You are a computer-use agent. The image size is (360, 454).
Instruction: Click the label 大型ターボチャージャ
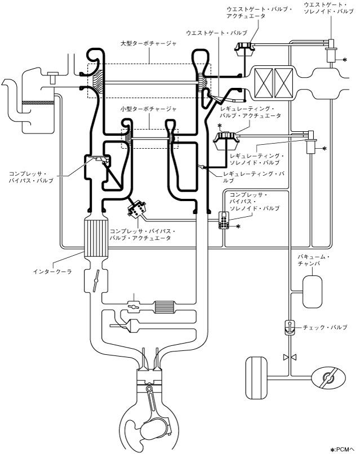pyautogui.click(x=148, y=44)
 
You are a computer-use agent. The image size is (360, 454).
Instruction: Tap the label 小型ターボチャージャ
pyautogui.click(x=148, y=109)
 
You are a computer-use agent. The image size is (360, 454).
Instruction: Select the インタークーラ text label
pyautogui.click(x=52, y=271)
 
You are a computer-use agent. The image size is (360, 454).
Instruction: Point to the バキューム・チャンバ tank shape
pyautogui.click(x=312, y=292)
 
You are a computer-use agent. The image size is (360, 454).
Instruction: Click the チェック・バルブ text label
pyautogui.click(x=325, y=327)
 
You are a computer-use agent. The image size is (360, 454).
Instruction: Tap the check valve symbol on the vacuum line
pyautogui.click(x=289, y=327)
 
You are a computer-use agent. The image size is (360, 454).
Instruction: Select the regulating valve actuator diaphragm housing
pyautogui.click(x=225, y=141)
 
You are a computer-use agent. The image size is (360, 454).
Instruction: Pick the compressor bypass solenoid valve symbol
pyautogui.click(x=224, y=220)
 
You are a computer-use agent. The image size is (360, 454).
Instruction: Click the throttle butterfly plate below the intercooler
pyautogui.click(x=96, y=281)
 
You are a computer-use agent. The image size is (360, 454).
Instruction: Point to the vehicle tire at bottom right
pyautogui.click(x=256, y=378)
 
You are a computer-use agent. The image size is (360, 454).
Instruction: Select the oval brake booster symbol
pyautogui.click(x=328, y=378)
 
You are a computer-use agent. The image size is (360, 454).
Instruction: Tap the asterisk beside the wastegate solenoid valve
pyautogui.click(x=345, y=60)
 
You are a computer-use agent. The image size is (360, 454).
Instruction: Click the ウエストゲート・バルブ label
pyautogui.click(x=217, y=33)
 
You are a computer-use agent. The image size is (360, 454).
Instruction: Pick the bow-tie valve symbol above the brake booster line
pyautogui.click(x=290, y=358)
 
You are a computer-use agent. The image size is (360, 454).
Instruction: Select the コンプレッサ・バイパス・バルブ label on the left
pyautogui.click(x=32, y=177)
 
